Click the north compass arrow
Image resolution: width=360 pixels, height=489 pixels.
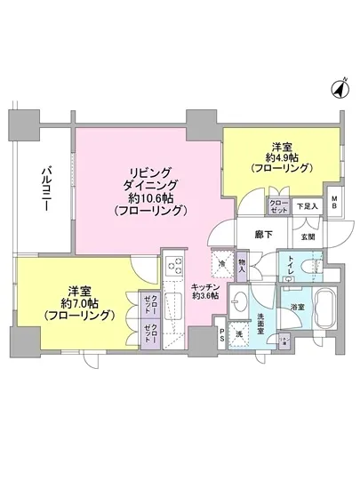pyautogui.click(x=340, y=89)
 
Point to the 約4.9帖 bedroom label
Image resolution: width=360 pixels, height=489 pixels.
pyautogui.click(x=281, y=157)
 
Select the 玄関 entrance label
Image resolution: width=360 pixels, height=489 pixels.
pyautogui.click(x=308, y=236)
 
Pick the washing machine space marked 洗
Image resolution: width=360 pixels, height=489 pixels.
pyautogui.click(x=239, y=335)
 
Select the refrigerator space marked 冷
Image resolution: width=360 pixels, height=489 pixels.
pyautogui.click(x=219, y=263)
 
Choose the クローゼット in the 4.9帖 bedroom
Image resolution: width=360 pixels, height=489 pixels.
pyautogui.click(x=279, y=205)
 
